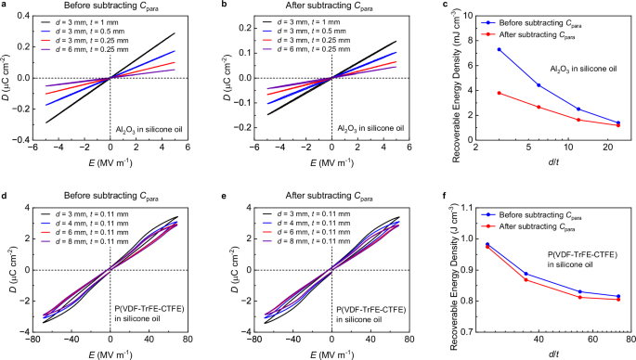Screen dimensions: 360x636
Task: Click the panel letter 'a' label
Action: point(4,6)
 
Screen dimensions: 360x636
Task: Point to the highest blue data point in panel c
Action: point(500,50)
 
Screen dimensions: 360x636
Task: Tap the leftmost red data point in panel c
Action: point(500,93)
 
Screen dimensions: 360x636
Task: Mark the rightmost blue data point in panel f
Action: point(618,296)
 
